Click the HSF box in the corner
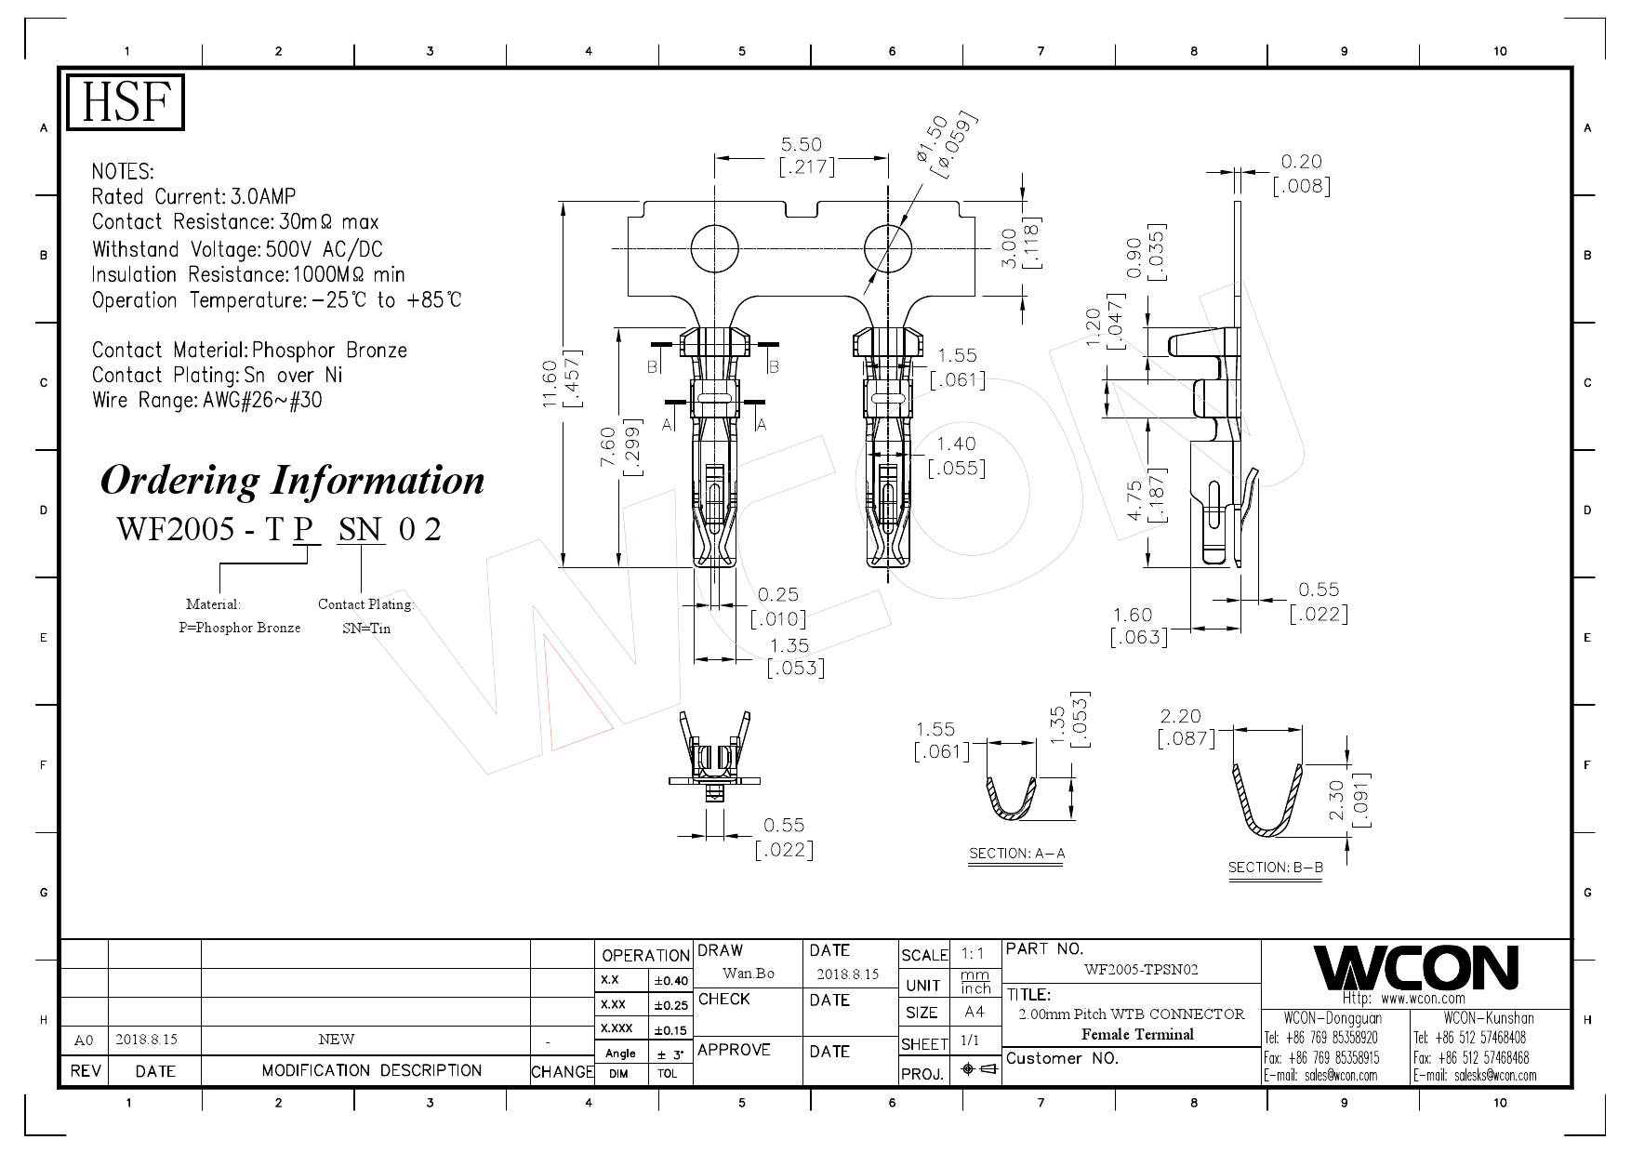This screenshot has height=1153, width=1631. coord(125,102)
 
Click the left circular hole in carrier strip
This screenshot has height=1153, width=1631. coord(714,248)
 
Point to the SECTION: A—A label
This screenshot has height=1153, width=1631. coord(1016,854)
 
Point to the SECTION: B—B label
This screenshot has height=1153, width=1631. coord(1275,868)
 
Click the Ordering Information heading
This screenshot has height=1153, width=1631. coord(292,481)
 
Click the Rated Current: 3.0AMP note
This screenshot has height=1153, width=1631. coord(193,197)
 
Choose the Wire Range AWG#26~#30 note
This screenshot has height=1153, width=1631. coord(206,401)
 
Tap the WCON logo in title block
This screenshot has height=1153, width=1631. coord(1414,968)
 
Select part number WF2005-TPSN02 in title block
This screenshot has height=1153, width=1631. coord(1141,970)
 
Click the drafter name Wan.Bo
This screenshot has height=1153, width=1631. coord(749,974)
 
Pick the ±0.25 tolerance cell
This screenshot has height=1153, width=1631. coord(670,1005)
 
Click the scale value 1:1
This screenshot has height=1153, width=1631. coord(973,953)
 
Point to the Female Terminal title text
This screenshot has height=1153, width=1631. coord(1136,1035)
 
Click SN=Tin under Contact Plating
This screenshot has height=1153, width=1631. coord(366,629)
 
